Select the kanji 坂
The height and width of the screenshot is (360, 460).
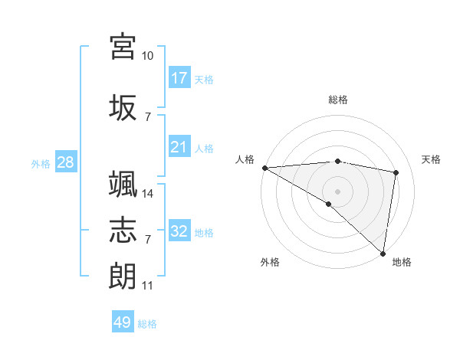click(123, 106)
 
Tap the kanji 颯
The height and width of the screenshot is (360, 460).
click(123, 184)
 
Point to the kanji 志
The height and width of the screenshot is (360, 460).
click(123, 229)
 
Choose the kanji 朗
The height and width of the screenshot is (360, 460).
click(123, 275)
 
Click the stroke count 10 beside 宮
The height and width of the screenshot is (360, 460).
click(148, 56)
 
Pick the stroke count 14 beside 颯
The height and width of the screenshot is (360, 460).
click(148, 194)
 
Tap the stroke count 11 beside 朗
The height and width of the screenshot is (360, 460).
click(148, 286)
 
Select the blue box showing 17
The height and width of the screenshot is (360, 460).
click(179, 78)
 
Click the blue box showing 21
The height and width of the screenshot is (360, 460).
click(179, 147)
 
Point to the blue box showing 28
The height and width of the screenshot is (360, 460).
click(64, 162)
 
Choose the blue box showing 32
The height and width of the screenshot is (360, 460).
click(179, 231)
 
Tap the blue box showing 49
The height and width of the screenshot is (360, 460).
click(123, 322)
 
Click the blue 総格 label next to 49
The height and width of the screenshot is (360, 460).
click(148, 324)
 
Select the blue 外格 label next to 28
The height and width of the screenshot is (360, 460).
click(41, 163)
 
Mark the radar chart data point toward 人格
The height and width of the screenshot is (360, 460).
click(264, 168)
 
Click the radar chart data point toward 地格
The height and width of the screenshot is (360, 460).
click(383, 253)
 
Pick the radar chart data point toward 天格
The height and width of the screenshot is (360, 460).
click(396, 172)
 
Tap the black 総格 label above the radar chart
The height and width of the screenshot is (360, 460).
click(338, 100)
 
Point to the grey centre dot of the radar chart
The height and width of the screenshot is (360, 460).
click(337, 191)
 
